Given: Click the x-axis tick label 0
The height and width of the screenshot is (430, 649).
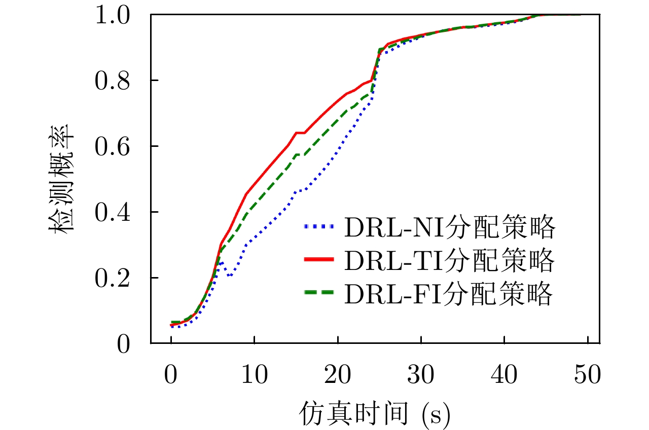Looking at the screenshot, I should (171, 377).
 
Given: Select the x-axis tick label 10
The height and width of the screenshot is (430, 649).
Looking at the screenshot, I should (255, 377).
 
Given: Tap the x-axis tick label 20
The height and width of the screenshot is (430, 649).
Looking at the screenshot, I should (338, 377).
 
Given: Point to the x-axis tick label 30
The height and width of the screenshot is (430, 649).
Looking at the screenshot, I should (421, 377).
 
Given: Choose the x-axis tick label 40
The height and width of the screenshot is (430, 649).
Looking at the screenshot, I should (504, 377).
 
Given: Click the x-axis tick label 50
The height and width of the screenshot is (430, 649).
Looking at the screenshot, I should (587, 377).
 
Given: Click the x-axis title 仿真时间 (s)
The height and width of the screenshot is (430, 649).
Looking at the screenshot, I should (374, 413).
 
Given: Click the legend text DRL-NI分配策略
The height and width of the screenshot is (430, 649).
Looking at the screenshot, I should (449, 229).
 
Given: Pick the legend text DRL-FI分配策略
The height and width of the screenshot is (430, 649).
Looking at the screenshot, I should (448, 294).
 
